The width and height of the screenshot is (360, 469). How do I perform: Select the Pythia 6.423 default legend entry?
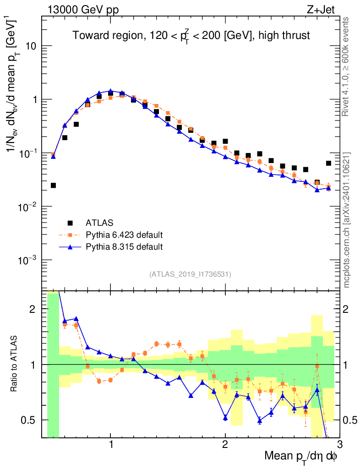click(124, 235)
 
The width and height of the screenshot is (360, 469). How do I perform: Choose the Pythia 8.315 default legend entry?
click(124, 247)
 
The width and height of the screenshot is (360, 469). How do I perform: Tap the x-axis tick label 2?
click(225, 445)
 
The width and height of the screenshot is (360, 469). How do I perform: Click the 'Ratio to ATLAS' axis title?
click(16, 364)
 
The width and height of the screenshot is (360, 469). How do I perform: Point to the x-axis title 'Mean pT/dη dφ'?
click(301, 457)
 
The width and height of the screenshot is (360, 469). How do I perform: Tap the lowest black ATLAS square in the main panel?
click(53, 185)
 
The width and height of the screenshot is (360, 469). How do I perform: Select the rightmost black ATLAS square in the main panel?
click(328, 163)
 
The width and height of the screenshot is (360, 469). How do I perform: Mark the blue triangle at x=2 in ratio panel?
click(225, 417)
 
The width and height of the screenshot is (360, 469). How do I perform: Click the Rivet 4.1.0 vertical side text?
click(346, 66)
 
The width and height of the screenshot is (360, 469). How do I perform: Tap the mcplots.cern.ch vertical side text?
click(346, 220)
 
